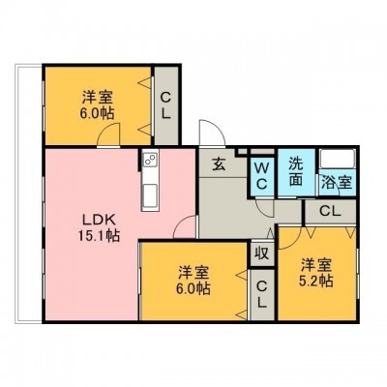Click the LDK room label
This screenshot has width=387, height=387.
99,221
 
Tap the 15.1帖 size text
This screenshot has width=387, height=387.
99,236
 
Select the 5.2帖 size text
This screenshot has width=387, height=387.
316,282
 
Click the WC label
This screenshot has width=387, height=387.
262,176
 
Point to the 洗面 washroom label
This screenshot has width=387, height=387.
296,172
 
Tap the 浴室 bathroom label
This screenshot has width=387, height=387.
336,183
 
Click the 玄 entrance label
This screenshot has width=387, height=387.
219,164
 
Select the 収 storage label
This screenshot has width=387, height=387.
262,253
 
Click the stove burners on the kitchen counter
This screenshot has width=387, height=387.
150,160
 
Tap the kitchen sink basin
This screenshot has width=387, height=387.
150,194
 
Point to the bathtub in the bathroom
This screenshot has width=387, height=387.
338,159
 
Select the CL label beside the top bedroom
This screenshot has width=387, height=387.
165,104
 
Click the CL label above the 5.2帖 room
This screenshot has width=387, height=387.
330,212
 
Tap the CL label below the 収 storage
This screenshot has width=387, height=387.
262,294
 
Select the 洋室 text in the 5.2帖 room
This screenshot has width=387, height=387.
316,265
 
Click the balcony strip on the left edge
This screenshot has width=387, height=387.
29,193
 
